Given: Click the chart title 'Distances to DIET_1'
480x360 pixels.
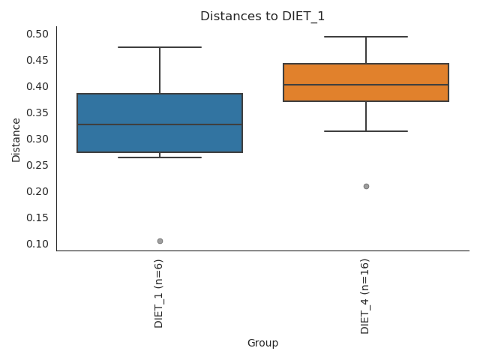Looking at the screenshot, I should point(262,16).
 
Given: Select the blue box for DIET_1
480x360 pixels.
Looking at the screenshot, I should point(160,112).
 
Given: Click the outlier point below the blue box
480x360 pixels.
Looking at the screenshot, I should point(160,241).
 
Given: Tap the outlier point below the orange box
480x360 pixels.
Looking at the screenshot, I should point(366,186).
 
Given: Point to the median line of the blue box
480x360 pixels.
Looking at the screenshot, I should point(160,124).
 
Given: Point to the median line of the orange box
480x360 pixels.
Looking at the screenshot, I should point(366,85).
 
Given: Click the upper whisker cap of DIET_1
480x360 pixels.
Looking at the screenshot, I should point(160,47).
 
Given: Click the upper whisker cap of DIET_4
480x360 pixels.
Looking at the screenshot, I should point(366,37).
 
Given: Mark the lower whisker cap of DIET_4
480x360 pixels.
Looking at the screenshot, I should point(366,131).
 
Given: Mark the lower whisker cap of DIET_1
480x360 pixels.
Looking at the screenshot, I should point(160,157).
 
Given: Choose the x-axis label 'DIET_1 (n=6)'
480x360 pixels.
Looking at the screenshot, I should point(159,293).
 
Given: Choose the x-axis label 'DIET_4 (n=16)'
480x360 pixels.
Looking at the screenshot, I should point(365,296).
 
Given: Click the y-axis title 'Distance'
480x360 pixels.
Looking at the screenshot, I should point(16,139).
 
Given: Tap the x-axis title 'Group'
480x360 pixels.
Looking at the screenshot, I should point(262,343).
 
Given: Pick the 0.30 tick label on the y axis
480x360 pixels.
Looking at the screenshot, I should point(38,139).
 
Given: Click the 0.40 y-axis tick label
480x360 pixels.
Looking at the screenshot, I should point(38,86).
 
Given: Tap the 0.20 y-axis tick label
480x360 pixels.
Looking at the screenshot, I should point(38,191).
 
